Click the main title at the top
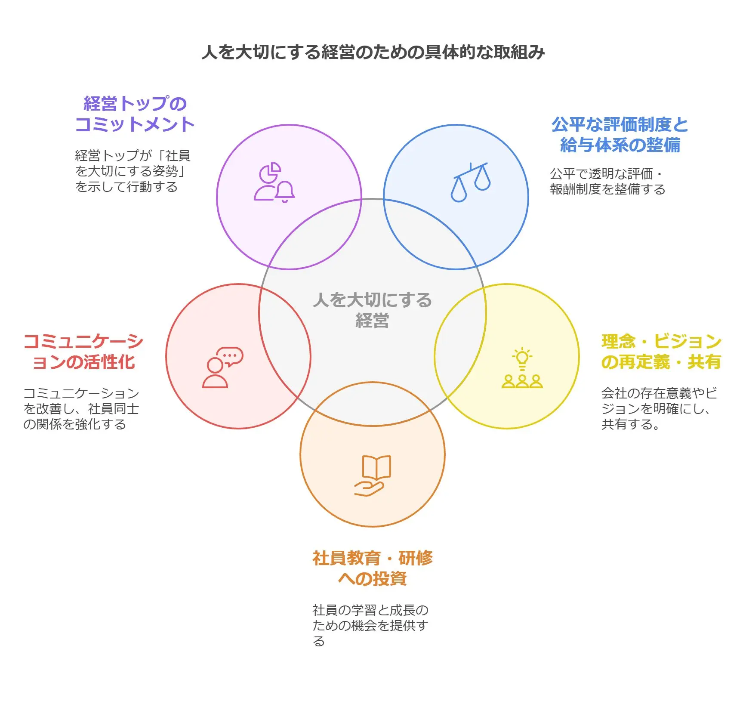(x=373, y=52)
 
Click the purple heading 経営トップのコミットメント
(x=135, y=114)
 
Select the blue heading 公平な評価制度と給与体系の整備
(x=620, y=135)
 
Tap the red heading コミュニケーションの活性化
(x=83, y=352)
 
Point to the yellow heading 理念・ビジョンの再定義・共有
(x=661, y=352)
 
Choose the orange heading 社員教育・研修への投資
(x=373, y=568)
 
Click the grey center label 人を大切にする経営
(x=373, y=310)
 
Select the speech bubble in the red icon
(x=230, y=357)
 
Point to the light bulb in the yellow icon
(x=522, y=359)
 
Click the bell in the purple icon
(x=285, y=192)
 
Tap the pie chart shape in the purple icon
(x=270, y=173)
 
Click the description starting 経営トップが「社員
(x=133, y=171)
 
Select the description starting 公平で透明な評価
(x=607, y=181)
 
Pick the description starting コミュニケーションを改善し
(x=81, y=408)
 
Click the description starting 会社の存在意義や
(x=659, y=408)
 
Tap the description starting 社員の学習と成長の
(x=370, y=625)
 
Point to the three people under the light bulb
(x=522, y=381)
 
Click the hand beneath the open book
(x=369, y=488)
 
